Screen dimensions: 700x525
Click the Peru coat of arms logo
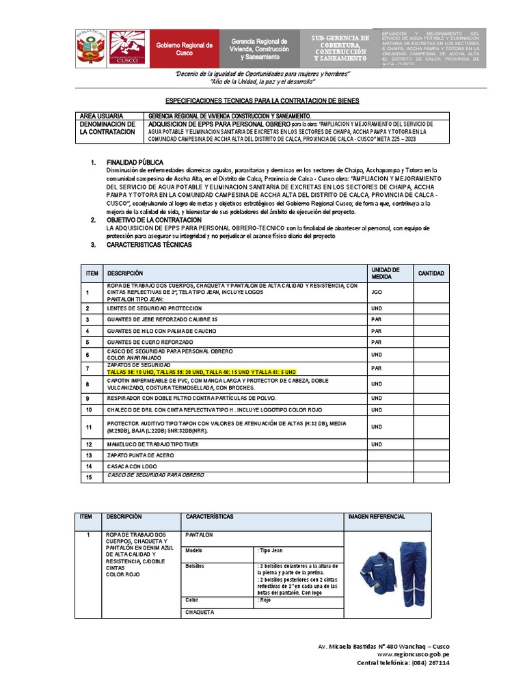[90, 49]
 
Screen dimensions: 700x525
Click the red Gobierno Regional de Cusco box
[184, 49]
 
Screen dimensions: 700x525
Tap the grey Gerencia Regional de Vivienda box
[259, 49]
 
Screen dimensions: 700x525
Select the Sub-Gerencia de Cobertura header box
[339, 48]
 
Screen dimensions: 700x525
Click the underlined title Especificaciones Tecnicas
[262, 99]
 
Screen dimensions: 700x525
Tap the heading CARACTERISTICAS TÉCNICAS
[149, 245]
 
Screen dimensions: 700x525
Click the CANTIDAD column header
[431, 273]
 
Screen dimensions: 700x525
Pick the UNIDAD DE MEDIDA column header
[385, 273]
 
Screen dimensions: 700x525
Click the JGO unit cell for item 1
[377, 292]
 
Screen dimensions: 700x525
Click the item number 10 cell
[88, 409]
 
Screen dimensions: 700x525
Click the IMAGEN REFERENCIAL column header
[377, 517]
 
